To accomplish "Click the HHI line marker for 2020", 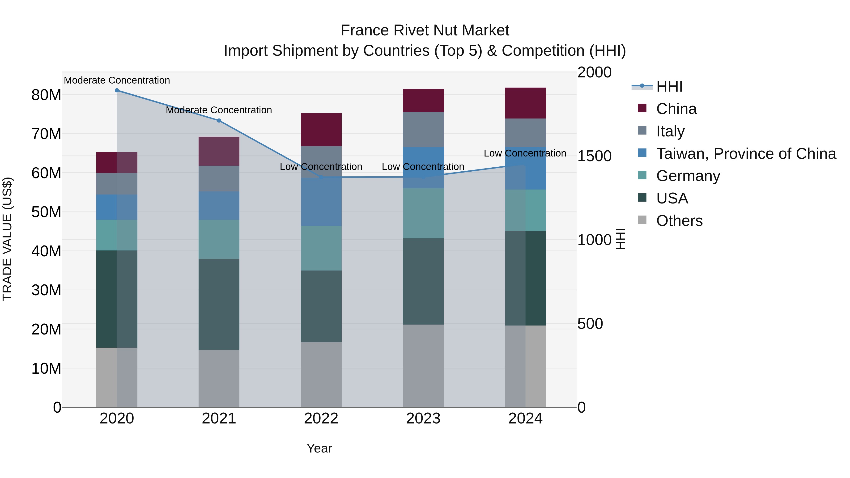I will click(x=117, y=90).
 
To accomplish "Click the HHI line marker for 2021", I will click(x=219, y=121).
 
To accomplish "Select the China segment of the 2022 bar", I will click(x=321, y=130).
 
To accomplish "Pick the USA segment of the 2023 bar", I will click(x=423, y=281).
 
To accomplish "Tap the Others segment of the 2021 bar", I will click(x=219, y=378).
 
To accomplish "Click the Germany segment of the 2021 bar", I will click(x=219, y=239).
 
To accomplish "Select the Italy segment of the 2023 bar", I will click(x=423, y=130).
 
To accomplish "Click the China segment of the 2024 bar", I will click(x=525, y=103).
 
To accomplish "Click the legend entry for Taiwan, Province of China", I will click(x=746, y=154).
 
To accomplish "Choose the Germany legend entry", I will click(x=688, y=176).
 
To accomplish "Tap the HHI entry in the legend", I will click(x=669, y=86).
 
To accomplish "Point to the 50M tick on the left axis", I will click(x=46, y=212).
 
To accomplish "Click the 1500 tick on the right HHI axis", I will click(x=594, y=156).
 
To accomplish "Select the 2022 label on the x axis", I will click(x=321, y=419).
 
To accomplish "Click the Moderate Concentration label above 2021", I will click(x=219, y=110).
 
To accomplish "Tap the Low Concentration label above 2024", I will click(x=525, y=153).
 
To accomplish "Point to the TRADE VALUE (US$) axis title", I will click(x=8, y=239).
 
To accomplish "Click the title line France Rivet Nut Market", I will click(x=425, y=31).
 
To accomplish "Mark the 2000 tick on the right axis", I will click(x=594, y=72).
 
